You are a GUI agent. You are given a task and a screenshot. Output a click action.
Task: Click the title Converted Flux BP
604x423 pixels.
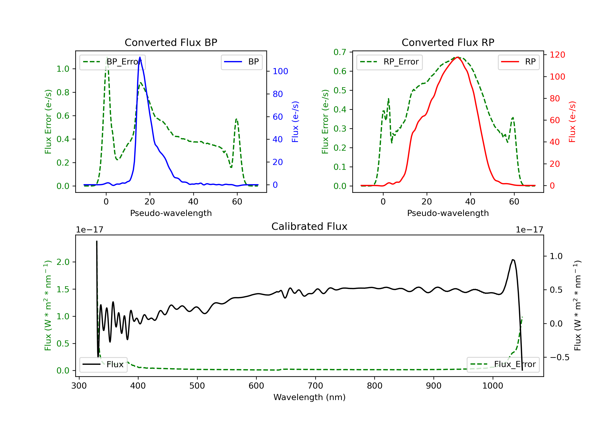171,42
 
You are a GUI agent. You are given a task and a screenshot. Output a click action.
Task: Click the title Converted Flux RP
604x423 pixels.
448,42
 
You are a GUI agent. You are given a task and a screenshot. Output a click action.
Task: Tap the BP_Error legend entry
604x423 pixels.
112,62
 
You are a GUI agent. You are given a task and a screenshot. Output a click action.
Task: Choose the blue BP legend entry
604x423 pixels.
241,62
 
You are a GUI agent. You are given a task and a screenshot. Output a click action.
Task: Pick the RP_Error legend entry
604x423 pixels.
389,62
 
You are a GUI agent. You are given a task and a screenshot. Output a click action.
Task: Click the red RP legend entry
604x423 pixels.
518,62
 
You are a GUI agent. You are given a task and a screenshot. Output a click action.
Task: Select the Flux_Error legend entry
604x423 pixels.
503,364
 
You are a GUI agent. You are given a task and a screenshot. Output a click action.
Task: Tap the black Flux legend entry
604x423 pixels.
103,364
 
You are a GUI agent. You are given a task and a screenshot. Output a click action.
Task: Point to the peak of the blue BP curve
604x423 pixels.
140,57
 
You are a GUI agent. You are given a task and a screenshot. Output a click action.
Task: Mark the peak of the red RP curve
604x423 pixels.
458,57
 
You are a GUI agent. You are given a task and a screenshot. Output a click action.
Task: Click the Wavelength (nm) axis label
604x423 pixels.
309,397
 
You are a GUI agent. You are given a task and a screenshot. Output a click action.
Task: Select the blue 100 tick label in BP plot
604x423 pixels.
280,71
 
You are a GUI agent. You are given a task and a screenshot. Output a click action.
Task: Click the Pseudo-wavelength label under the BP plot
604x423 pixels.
171,213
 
